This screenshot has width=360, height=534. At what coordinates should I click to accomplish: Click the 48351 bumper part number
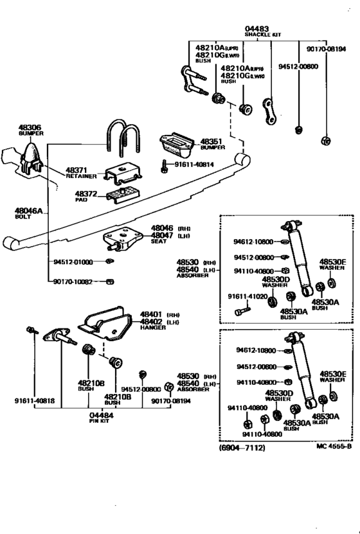click(211, 141)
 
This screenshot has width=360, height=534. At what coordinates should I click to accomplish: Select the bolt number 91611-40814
click(194, 165)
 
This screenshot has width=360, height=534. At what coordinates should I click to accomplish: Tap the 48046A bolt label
click(29, 210)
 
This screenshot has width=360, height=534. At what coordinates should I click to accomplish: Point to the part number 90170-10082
click(73, 281)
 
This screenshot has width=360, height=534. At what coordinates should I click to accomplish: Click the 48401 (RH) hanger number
click(153, 314)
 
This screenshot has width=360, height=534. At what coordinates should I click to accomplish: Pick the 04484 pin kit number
click(101, 414)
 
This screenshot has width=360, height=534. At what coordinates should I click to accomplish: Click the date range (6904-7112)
click(241, 447)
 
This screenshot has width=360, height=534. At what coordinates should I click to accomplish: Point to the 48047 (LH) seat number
click(163, 235)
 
